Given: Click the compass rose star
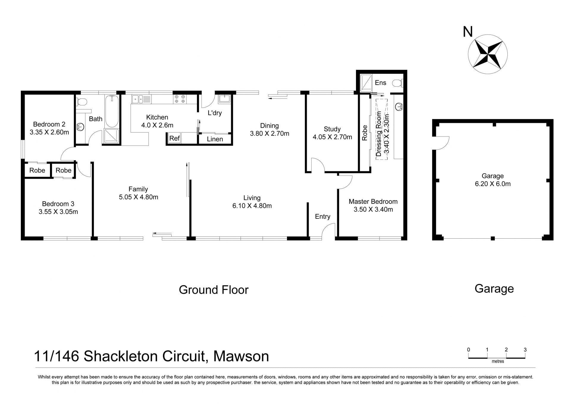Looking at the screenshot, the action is click(x=488, y=54).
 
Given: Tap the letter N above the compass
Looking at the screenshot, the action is click(x=468, y=32).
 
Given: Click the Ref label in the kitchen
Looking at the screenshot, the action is click(x=175, y=138).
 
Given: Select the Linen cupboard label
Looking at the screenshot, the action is click(x=215, y=139).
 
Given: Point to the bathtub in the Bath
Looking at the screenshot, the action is click(x=112, y=112).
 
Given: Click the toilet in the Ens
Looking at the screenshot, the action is click(x=398, y=83).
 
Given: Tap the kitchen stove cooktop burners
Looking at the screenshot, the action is click(x=180, y=99).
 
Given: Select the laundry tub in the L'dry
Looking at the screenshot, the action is click(x=225, y=99).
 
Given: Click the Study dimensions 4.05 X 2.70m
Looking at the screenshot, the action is click(x=332, y=137).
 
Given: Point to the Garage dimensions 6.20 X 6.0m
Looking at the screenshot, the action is click(x=493, y=184).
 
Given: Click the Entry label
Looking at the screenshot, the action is click(x=323, y=217).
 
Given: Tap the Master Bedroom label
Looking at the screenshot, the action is click(x=373, y=201).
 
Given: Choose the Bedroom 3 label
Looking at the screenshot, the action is click(x=58, y=204).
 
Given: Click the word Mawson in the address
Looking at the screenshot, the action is click(x=241, y=356).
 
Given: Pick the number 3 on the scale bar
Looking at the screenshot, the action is click(x=525, y=350).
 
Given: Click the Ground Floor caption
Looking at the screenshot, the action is click(x=214, y=290).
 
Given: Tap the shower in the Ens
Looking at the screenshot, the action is click(x=366, y=83).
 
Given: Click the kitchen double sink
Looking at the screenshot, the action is click(x=142, y=99).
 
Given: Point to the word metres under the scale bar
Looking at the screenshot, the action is click(x=498, y=361).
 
